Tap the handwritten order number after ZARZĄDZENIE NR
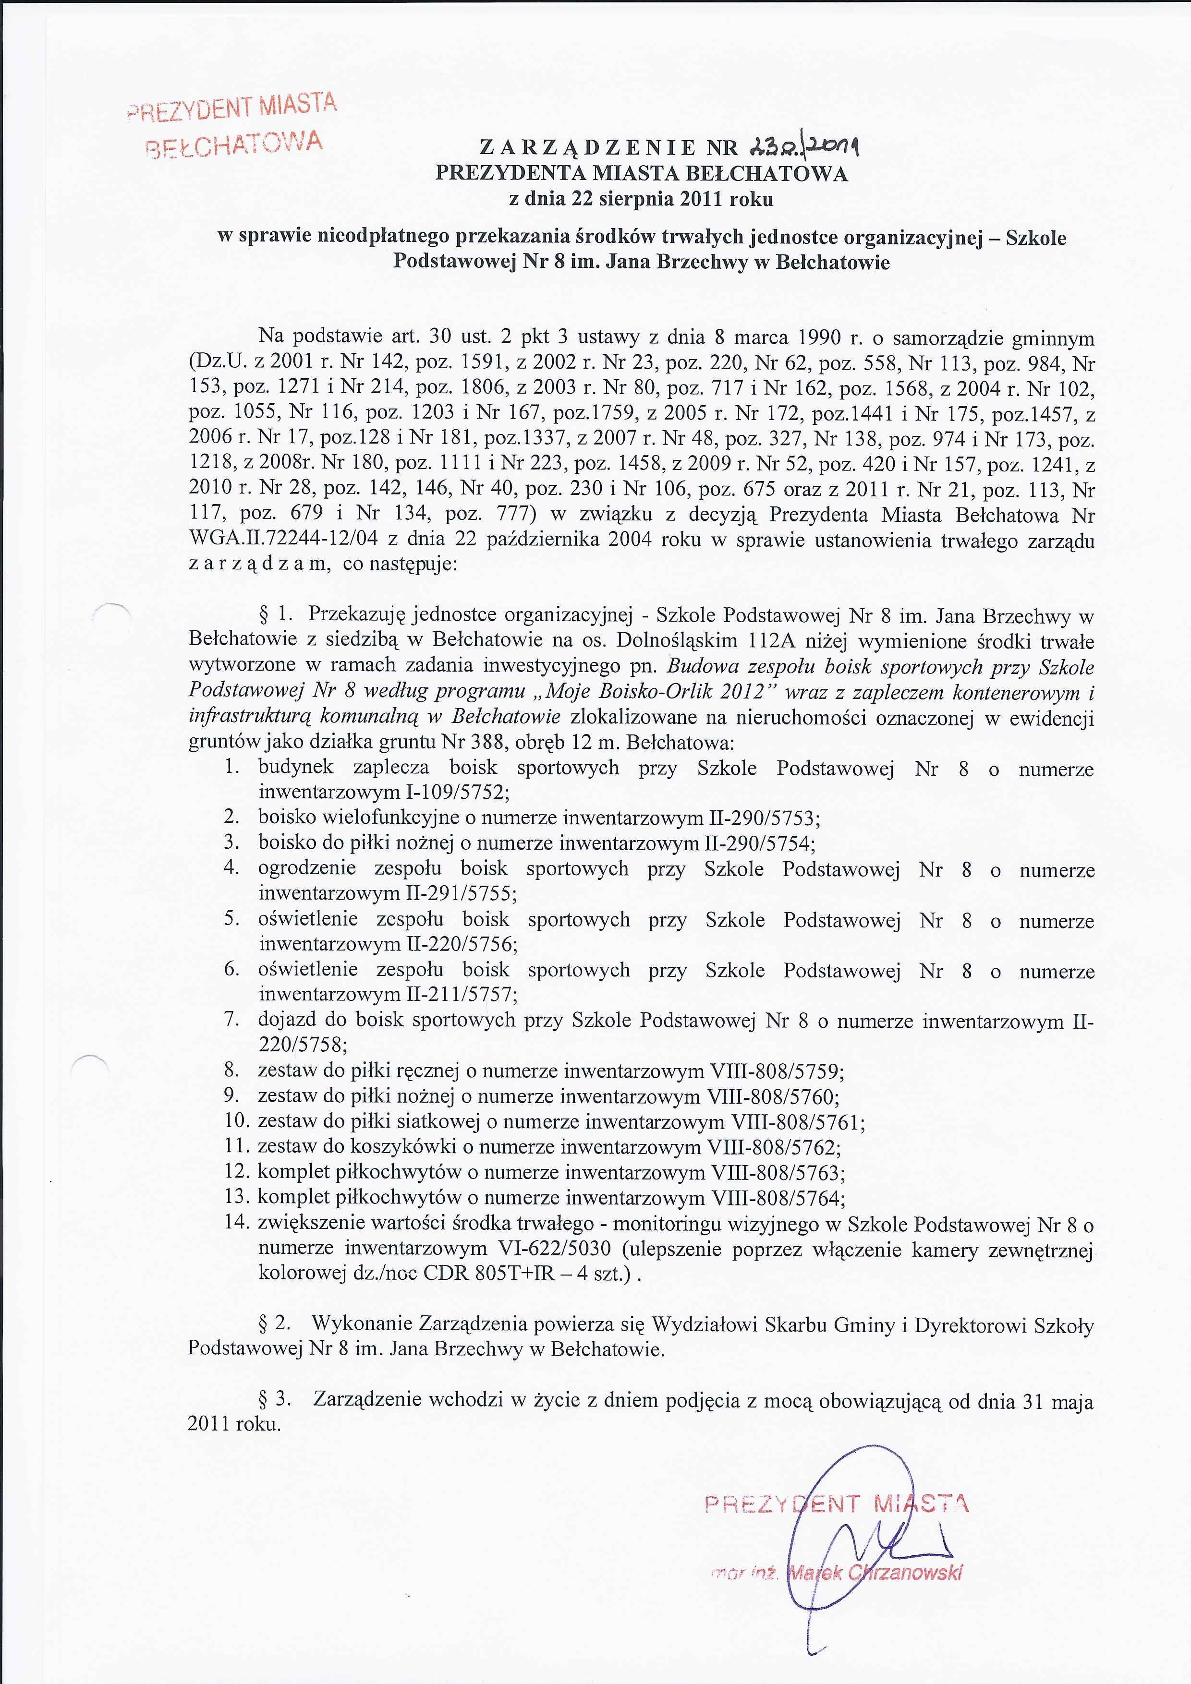click(x=795, y=148)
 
